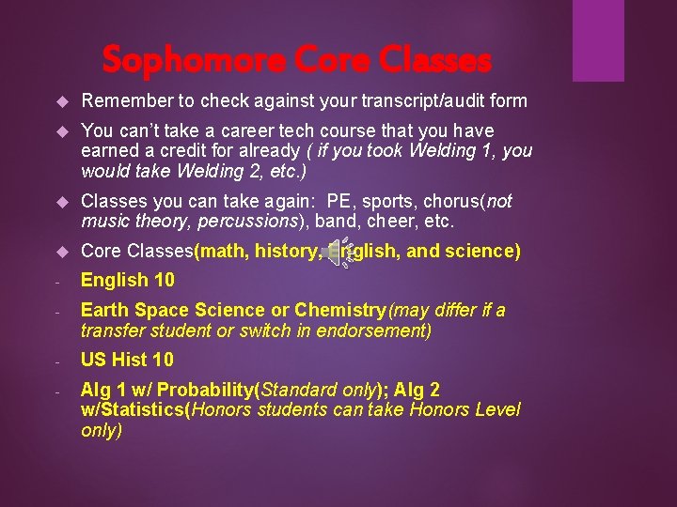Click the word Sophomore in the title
[170, 60]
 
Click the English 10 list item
[127, 280]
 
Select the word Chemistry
[334, 310]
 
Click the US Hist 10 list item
[127, 360]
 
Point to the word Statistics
[150, 410]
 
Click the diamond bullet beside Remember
[62, 101]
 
